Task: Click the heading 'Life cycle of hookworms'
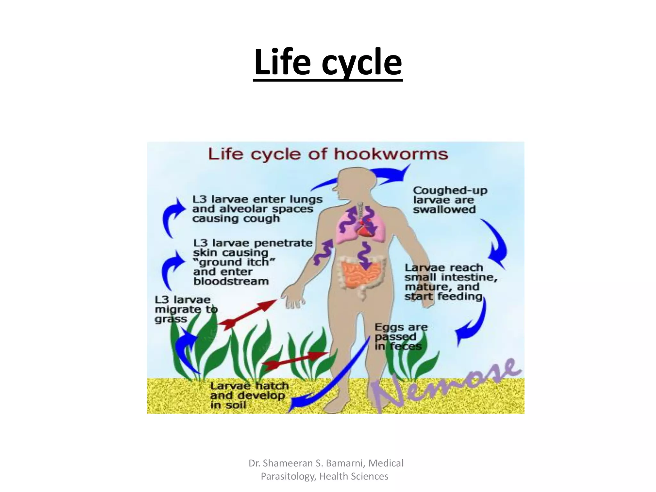point(328,154)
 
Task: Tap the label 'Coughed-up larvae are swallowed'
point(449,200)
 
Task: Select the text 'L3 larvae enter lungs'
point(257,199)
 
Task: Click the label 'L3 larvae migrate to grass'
point(186,309)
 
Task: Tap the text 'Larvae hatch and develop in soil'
point(249,396)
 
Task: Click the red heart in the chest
point(364,228)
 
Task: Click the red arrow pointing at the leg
point(295,360)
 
